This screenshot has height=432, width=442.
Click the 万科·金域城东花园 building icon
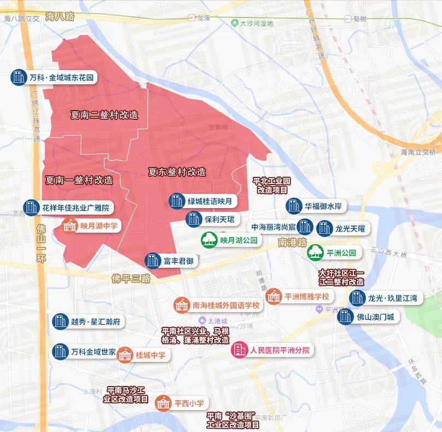[x=19, y=77]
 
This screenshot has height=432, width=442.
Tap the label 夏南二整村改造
[x=104, y=116]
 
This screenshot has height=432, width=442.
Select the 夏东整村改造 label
[x=177, y=171]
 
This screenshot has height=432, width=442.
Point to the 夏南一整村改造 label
[x=79, y=180]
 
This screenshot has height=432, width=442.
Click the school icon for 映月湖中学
[x=70, y=225]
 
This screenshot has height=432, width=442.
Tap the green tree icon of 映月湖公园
[x=209, y=240]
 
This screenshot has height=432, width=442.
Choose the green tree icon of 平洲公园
[x=315, y=252]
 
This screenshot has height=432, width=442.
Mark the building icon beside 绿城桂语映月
[x=176, y=201]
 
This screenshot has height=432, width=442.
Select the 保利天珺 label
[x=219, y=220]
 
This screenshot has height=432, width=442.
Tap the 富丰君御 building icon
[x=152, y=261]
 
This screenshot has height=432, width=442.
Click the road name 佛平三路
[x=130, y=278]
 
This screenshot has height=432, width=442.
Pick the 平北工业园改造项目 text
[x=272, y=186]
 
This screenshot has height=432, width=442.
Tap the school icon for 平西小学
[x=163, y=404]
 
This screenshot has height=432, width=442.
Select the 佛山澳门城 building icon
[x=345, y=316]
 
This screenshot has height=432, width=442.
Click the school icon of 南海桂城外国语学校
[x=181, y=305]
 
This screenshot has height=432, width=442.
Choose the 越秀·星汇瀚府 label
[x=96, y=321]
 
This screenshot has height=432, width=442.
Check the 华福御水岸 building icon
[x=294, y=206]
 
